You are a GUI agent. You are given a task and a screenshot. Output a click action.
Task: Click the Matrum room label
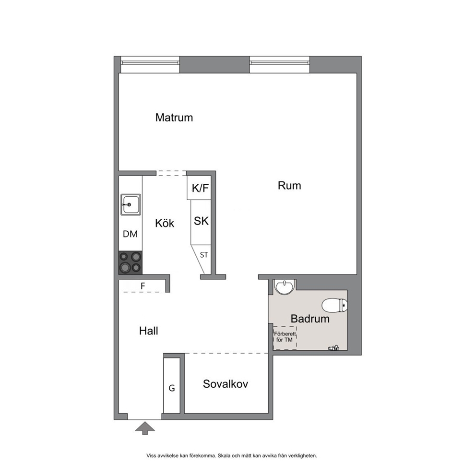[x=174, y=118]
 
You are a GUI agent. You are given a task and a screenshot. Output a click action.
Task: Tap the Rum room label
[x=289, y=186]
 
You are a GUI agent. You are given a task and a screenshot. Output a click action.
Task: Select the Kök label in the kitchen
[x=165, y=223]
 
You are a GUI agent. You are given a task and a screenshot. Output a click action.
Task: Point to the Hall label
[x=148, y=331]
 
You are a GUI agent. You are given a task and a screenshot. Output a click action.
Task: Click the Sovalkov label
[x=225, y=384]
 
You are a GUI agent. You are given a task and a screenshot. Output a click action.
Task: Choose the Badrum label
[x=310, y=319]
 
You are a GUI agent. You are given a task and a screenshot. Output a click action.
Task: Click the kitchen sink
[x=131, y=204]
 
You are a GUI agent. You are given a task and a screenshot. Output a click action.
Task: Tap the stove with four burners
[x=130, y=262]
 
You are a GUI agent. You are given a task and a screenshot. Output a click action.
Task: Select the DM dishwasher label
[x=130, y=234]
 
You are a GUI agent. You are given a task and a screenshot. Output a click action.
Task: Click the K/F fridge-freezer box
[x=199, y=188]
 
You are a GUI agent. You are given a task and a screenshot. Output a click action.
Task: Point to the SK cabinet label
[x=201, y=221]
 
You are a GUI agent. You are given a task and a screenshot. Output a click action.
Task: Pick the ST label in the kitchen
[x=204, y=255]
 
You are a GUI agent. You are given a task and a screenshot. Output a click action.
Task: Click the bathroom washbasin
[x=284, y=287]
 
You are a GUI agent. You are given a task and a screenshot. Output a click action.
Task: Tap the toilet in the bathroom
[x=334, y=305]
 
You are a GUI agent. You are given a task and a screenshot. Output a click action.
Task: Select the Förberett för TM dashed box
[x=285, y=338]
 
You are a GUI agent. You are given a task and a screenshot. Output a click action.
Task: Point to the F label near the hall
[x=143, y=286]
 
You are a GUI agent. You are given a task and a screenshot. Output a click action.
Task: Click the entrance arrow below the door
[x=145, y=428]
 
